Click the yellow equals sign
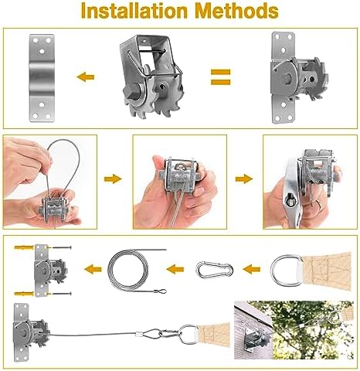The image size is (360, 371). coord(222,76)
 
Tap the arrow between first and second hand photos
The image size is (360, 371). coord(113,179)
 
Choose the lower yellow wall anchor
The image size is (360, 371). coord(23,292)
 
